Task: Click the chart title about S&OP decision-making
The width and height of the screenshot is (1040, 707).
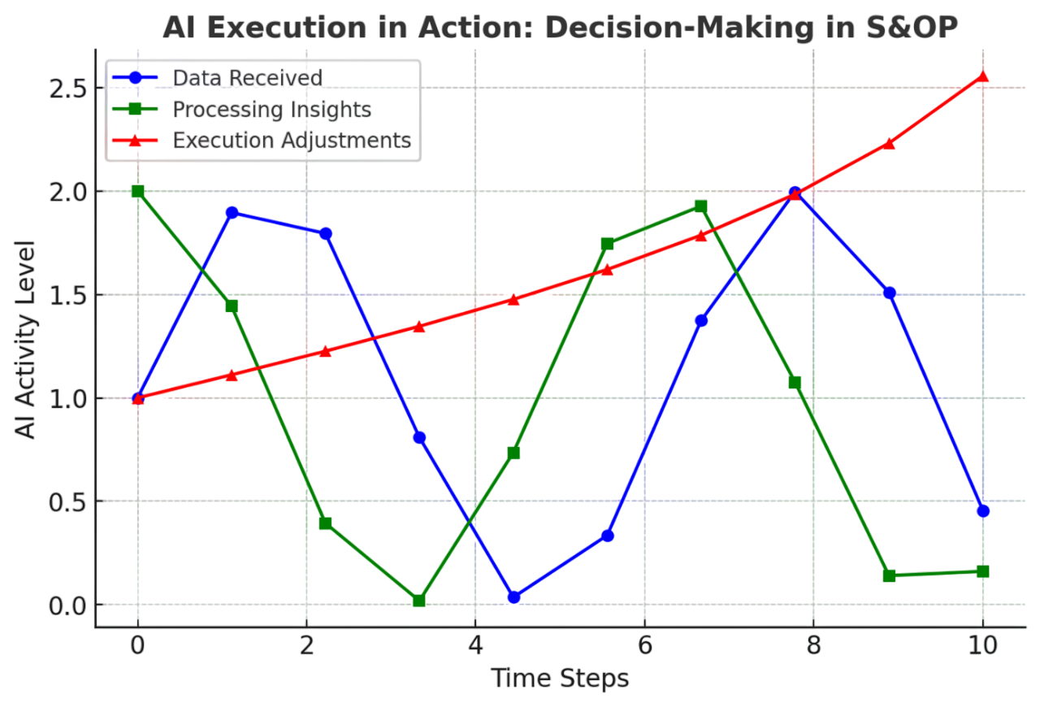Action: click(x=561, y=28)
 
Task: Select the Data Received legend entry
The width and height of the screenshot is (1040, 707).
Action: click(x=248, y=78)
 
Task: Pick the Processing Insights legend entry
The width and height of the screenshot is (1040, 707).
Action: click(x=271, y=109)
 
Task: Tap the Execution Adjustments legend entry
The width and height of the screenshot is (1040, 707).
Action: click(x=292, y=140)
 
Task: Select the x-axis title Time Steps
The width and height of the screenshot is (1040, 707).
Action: click(x=560, y=678)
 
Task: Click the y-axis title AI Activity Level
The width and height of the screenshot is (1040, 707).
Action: click(x=28, y=340)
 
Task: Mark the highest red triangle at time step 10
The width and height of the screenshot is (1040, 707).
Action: click(x=983, y=77)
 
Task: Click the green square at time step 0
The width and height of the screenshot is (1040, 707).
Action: click(x=137, y=191)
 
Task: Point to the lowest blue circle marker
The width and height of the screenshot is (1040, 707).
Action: click(x=513, y=597)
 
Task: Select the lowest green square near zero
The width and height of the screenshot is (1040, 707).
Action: click(x=419, y=601)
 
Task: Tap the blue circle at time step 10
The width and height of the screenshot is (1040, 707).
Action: click(x=983, y=511)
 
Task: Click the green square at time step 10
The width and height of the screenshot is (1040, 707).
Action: click(x=983, y=571)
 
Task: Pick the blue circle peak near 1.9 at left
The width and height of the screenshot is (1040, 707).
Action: click(x=232, y=213)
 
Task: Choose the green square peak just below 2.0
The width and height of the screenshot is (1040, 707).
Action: click(x=700, y=206)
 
